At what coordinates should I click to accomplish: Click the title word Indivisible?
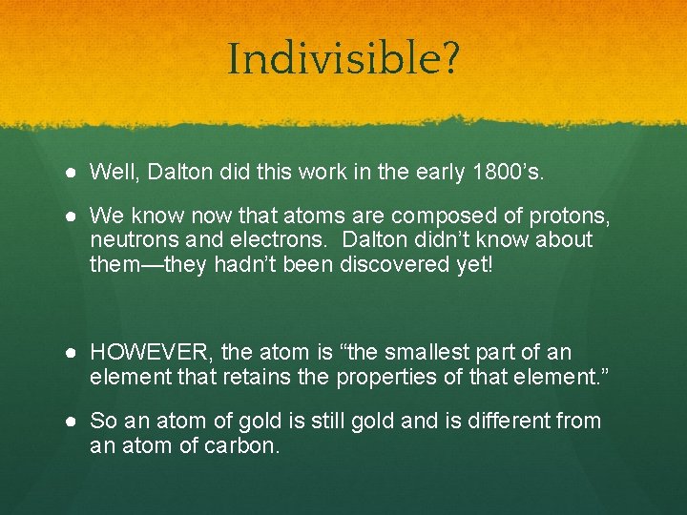[343, 59]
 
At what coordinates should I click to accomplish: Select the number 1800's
[513, 172]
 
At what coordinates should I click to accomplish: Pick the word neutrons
[129, 240]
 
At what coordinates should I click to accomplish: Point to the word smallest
[397, 353]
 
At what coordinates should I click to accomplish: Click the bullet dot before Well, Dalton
[73, 173]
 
